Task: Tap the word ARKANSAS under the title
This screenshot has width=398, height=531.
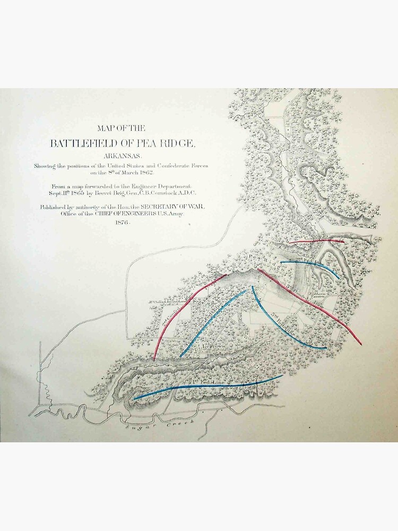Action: (122, 156)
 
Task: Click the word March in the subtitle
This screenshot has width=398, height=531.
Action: (124, 173)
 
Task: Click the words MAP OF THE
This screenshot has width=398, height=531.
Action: (122, 127)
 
